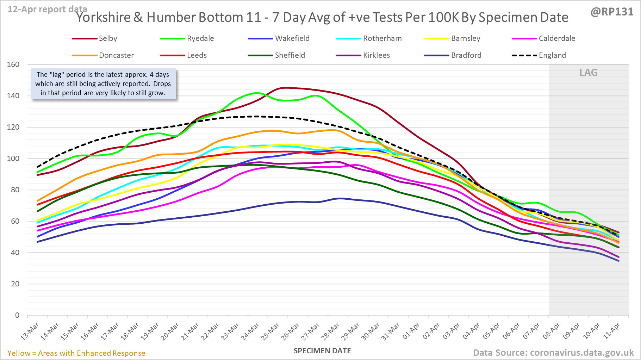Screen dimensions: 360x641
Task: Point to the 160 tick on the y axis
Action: click(x=13, y=64)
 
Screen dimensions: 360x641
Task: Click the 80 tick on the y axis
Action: click(x=15, y=190)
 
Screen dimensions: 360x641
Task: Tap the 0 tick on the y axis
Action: click(x=17, y=315)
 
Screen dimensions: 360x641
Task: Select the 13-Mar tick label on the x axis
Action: click(x=30, y=331)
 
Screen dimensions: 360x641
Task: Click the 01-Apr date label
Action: click(x=411, y=331)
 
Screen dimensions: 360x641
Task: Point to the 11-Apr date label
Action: click(x=611, y=331)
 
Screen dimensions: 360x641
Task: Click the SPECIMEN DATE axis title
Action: click(x=322, y=351)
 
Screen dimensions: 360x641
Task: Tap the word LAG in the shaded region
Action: click(x=589, y=73)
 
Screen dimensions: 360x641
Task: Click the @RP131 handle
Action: click(x=612, y=12)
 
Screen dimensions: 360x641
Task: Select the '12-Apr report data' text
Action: click(x=47, y=9)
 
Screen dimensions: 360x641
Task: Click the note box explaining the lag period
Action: click(x=103, y=84)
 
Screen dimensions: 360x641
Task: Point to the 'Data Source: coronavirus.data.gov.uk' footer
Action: click(x=553, y=353)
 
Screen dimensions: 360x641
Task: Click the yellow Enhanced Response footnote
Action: click(x=76, y=353)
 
